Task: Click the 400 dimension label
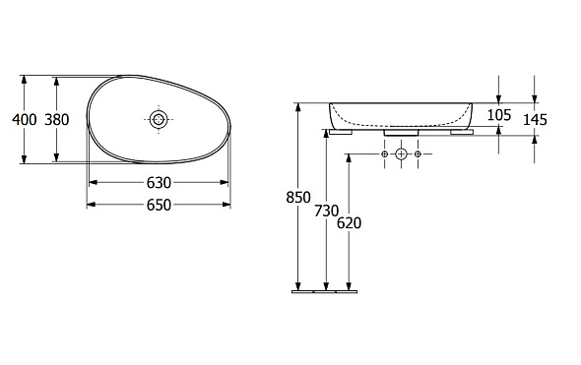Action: (x=25, y=120)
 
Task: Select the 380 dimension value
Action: (x=57, y=120)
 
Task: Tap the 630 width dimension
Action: (x=159, y=183)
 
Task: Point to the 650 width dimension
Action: (x=159, y=205)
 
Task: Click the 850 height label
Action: (x=298, y=198)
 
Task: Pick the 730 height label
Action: (x=326, y=211)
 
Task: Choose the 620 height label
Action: (x=349, y=223)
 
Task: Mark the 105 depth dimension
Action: (x=498, y=115)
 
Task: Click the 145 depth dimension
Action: (x=535, y=120)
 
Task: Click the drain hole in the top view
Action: (x=159, y=120)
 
